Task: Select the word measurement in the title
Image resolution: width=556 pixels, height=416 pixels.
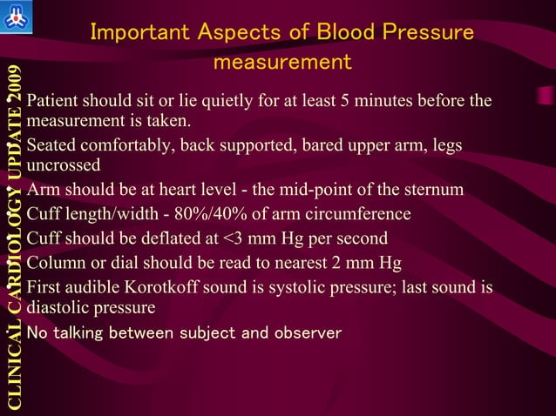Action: pyautogui.click(x=282, y=63)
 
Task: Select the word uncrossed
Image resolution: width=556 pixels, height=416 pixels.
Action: pyautogui.click(x=64, y=164)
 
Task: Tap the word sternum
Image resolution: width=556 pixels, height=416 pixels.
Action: pyautogui.click(x=437, y=191)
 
